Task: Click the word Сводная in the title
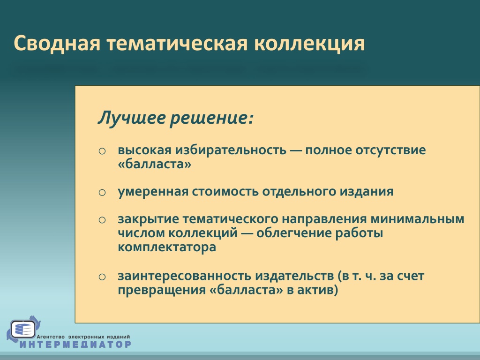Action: [x=57, y=43]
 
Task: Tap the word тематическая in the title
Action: [x=177, y=43]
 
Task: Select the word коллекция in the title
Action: [x=309, y=44]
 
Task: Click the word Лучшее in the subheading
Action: [x=132, y=118]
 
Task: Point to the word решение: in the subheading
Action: [x=212, y=118]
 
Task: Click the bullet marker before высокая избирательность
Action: [x=102, y=151]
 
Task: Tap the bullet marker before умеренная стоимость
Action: [x=102, y=193]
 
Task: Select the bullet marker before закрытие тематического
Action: [x=102, y=220]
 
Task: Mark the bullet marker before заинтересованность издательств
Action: [x=102, y=277]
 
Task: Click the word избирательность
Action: [x=231, y=150]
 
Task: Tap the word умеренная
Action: [x=153, y=192]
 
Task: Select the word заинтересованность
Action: [x=185, y=276]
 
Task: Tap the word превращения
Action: [x=161, y=290]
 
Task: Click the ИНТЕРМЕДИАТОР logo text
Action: [x=75, y=344]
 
